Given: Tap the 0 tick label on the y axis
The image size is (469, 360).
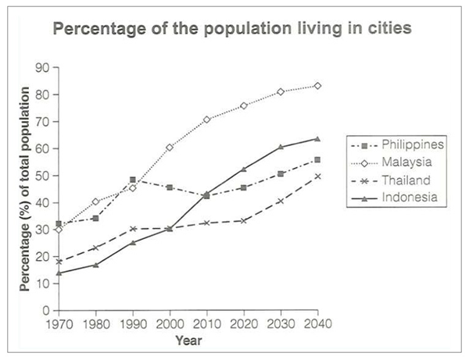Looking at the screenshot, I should tap(48, 311).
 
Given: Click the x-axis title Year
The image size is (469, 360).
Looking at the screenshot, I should tap(188, 340).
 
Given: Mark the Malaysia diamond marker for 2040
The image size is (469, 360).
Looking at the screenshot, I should tap(317, 86).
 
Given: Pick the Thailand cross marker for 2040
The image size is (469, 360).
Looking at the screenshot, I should tap(317, 176).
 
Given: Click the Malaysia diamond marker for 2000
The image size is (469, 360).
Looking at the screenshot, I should tap(170, 147).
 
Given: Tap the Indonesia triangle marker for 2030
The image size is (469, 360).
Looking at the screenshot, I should tap(280, 147).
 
